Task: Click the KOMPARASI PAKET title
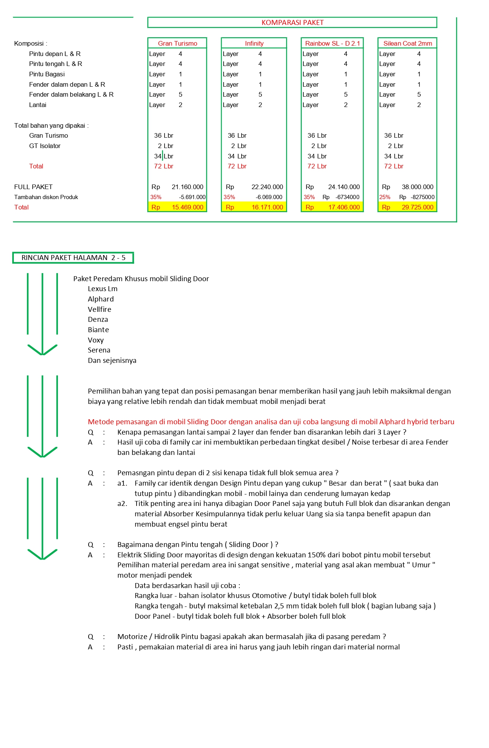click(292, 23)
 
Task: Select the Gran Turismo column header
click(178, 43)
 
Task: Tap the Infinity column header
click(254, 43)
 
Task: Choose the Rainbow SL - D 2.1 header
click(333, 43)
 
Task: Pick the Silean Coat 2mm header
click(408, 43)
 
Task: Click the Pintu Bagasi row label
click(47, 74)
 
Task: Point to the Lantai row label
click(38, 105)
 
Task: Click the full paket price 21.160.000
click(188, 187)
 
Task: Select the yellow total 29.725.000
click(417, 207)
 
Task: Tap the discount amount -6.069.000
click(269, 197)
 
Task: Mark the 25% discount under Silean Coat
click(385, 197)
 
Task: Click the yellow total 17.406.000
click(344, 207)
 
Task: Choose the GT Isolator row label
click(45, 146)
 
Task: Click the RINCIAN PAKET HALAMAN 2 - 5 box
click(73, 258)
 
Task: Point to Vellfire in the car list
click(99, 309)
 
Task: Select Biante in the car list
click(98, 330)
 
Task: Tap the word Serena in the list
click(99, 350)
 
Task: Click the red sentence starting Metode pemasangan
click(271, 422)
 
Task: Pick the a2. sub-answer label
click(122, 503)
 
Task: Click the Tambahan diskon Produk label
click(46, 197)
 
